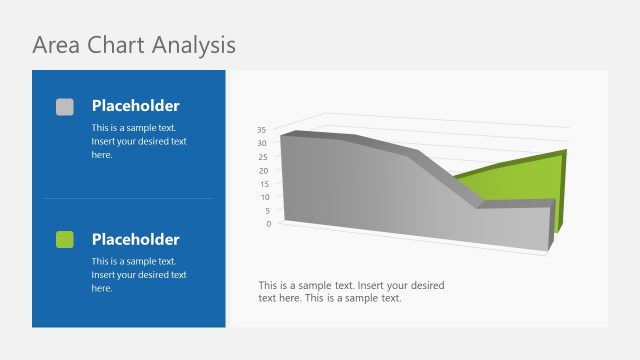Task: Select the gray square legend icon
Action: click(65, 106)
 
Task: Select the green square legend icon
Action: click(65, 239)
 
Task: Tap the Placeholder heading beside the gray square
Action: click(135, 106)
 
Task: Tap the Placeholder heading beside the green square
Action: click(135, 240)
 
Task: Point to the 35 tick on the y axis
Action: click(262, 130)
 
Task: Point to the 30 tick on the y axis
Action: click(262, 143)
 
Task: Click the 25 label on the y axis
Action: click(262, 157)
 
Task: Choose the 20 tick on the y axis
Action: click(262, 171)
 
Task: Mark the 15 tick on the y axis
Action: click(262, 184)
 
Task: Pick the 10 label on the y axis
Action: click(262, 197)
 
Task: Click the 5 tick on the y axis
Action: click(265, 211)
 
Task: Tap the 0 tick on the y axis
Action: click(265, 224)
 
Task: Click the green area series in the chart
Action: click(520, 180)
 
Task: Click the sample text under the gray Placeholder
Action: click(139, 141)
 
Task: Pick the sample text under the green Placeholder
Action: click(139, 274)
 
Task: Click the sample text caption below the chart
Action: click(351, 291)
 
